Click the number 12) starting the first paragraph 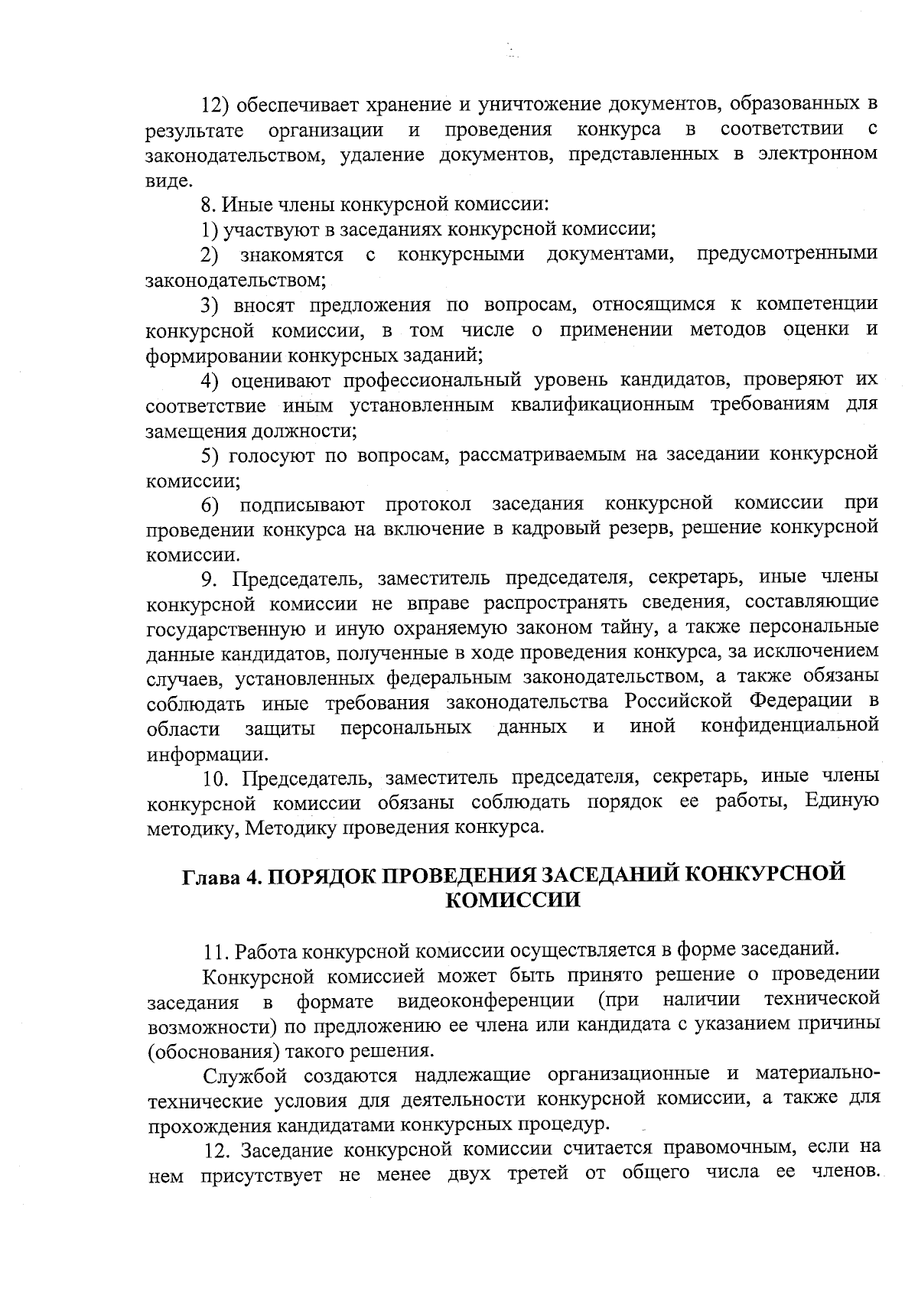(x=216, y=104)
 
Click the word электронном (x=818, y=154)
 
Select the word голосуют (x=270, y=455)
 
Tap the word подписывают (x=302, y=506)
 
